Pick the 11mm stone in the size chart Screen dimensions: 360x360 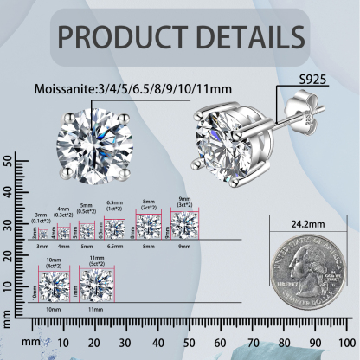click(97, 283)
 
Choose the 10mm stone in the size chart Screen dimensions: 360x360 click(54, 284)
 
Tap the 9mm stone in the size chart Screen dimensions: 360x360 click(184, 223)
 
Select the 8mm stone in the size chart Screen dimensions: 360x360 click(149, 225)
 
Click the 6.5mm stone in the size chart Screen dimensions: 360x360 click(115, 228)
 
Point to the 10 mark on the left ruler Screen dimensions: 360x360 click(8, 286)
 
